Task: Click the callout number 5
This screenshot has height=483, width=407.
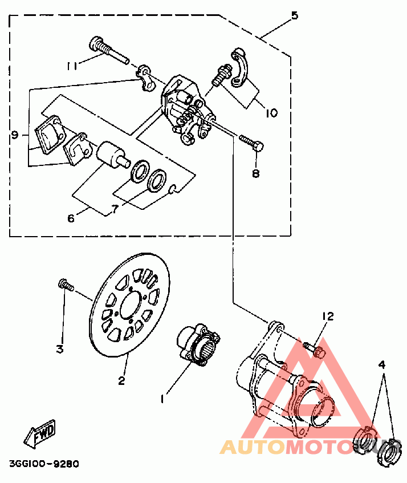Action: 294,15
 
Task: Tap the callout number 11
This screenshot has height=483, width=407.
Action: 71,66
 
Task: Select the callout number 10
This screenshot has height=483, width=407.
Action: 271,113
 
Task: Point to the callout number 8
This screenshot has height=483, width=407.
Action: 255,173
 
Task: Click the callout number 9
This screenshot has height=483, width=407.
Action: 15,135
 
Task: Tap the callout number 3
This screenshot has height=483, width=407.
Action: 59,349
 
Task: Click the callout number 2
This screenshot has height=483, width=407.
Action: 121,380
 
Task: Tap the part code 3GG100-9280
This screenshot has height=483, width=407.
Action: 44,464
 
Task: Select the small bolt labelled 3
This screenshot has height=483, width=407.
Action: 64,284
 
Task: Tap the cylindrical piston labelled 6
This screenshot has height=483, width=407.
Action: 111,155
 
